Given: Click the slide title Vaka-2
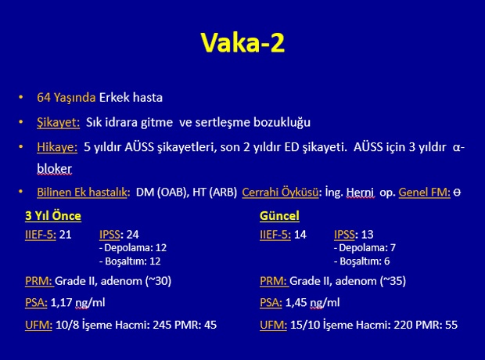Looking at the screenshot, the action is coord(242,42).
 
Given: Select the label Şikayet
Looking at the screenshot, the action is coord(58,123).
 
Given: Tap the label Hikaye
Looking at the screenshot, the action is coord(57,147).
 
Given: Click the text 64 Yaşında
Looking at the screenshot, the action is coord(66,98).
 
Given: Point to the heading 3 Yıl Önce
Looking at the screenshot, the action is coord(53,216).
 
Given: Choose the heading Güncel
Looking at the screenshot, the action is coord(279,216).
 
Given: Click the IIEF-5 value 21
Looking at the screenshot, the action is coord(65,235).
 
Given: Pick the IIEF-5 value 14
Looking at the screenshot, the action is coord(300,235).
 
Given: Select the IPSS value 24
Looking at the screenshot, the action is coord(132,235).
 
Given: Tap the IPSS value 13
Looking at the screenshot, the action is coord(367,235).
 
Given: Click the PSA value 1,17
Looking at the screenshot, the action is coord(61,302).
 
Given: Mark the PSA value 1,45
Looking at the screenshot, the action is coord(296,302).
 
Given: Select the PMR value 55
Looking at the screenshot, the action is coord(451,325).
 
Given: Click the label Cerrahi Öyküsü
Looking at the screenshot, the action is coord(280,193).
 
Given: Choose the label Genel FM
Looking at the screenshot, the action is coord(424,193).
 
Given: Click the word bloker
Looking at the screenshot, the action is coord(55,169).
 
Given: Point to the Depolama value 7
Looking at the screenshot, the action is coord(393,248).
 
